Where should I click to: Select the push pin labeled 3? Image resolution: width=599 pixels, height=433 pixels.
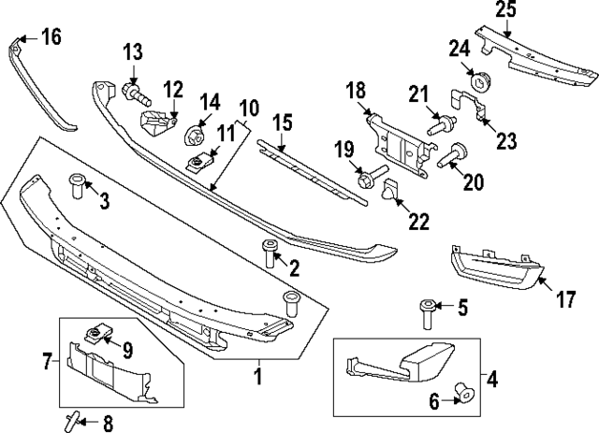pos(76,185)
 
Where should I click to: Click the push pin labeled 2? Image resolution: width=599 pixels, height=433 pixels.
pos(271,253)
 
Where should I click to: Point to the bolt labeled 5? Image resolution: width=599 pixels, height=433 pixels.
pos(428,311)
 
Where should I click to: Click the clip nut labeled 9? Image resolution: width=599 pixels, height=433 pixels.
pos(95,335)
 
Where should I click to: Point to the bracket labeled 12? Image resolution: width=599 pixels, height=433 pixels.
pos(158,123)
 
